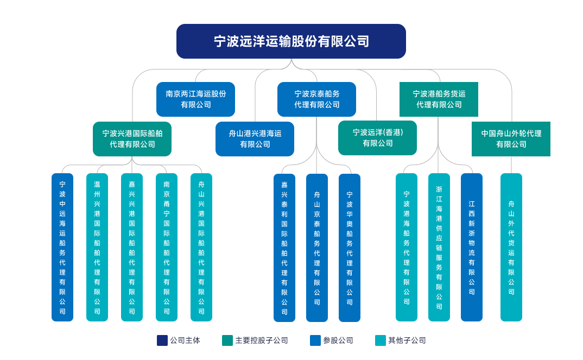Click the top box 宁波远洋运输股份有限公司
point(291,41)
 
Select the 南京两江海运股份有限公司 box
point(195,99)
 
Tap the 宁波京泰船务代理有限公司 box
point(316,99)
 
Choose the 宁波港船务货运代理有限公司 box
point(439,99)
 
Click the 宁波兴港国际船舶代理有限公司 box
point(132,139)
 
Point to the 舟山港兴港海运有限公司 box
point(255,139)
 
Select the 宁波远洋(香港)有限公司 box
point(377,138)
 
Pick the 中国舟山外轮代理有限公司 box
point(511,139)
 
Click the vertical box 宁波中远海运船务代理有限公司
point(62,247)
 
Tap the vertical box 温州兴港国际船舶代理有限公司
point(97,247)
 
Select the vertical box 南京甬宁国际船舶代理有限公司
point(167,247)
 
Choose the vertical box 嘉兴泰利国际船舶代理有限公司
point(284,248)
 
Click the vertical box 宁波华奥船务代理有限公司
point(350,248)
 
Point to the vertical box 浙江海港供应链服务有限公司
point(439,247)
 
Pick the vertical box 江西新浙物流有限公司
point(472,247)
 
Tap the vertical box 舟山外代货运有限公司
point(511,247)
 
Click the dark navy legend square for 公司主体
point(162,340)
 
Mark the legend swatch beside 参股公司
point(315,340)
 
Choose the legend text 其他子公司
point(407,340)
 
